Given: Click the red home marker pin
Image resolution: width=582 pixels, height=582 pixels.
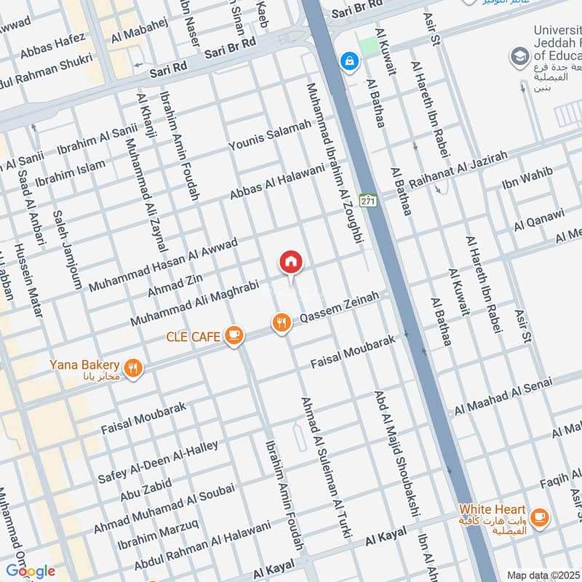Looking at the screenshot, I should point(291,262).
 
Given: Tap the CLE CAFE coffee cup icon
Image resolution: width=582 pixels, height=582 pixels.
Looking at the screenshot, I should point(234,335).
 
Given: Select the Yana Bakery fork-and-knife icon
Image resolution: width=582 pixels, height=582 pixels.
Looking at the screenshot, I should point(132,367).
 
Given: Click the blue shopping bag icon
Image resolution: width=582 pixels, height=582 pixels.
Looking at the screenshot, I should point(350,60).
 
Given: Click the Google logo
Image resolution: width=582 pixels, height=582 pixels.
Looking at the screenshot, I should point(31,570).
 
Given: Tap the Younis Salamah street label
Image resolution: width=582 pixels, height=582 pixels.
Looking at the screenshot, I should point(269,137).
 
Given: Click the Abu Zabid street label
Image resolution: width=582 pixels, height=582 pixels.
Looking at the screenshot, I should point(146,485).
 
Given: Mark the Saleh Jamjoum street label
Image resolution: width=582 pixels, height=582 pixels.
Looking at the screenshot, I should point(67,250).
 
